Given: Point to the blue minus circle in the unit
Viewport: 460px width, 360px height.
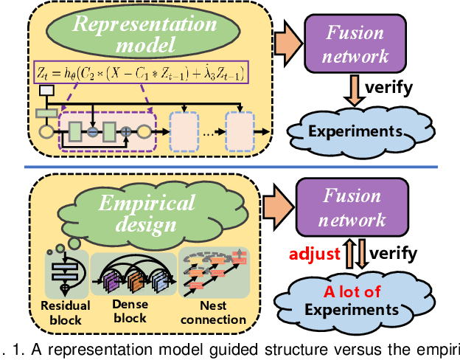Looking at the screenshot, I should tap(93, 131).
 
